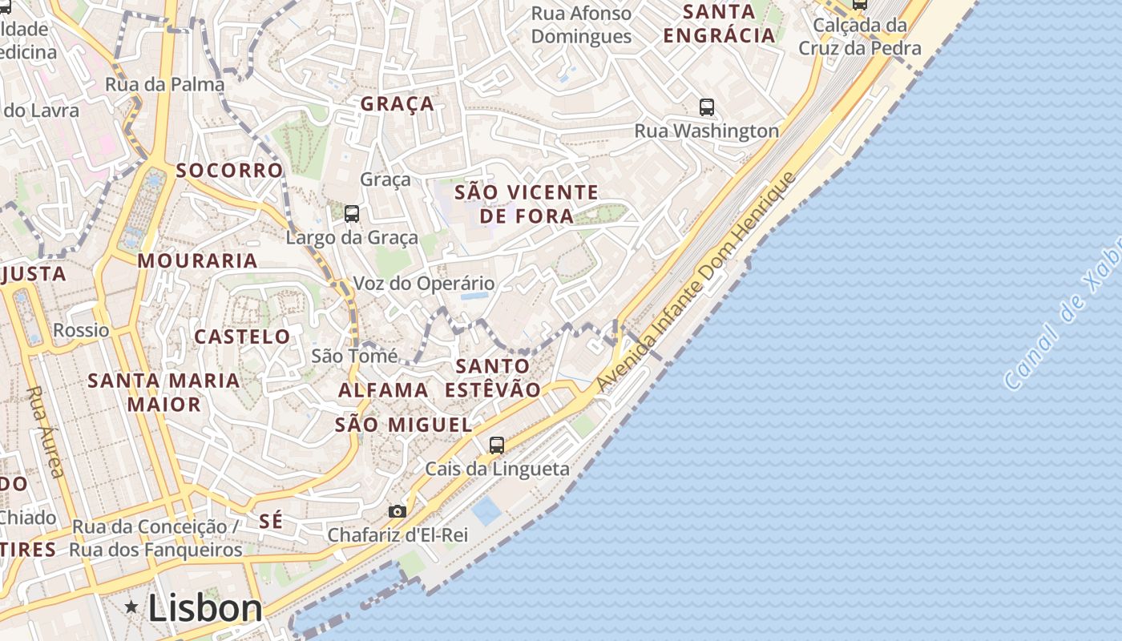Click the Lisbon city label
tap(205, 608)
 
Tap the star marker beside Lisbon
tap(131, 607)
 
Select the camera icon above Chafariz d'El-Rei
tap(397, 511)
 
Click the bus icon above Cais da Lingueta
tap(497, 445)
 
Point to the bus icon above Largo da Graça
tap(352, 213)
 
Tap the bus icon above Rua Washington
tap(706, 107)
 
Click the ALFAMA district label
tap(383, 390)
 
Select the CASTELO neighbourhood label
tap(242, 337)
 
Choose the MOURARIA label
tap(197, 260)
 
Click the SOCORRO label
tap(229, 170)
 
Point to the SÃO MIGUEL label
tap(403, 425)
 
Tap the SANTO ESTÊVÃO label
tap(493, 377)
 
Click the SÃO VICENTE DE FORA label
tap(527, 204)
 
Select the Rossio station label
tap(81, 330)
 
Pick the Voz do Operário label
tap(424, 284)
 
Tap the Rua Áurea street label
tap(46, 432)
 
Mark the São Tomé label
tap(354, 356)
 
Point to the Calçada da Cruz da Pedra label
tap(860, 37)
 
